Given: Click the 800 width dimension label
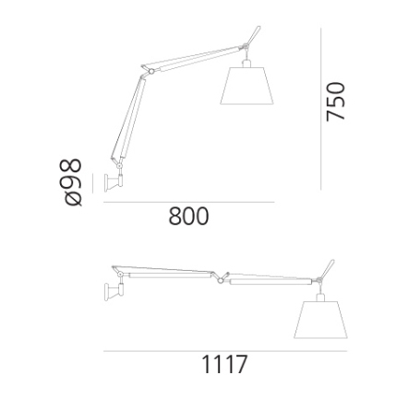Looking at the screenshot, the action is pos(188,216).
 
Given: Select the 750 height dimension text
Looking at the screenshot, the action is pos(336,101).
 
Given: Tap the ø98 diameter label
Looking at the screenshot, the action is pos(74,182).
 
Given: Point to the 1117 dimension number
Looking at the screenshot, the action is pos(224,364).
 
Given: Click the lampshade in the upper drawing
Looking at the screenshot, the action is pos(247,86).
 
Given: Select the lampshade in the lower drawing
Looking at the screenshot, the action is pos(320,320).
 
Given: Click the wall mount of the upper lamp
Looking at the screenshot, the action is pos(114,183).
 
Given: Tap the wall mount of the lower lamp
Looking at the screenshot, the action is pos(114,292).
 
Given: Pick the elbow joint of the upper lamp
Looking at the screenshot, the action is pos(150,72).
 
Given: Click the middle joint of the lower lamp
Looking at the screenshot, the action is pos(221,280).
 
